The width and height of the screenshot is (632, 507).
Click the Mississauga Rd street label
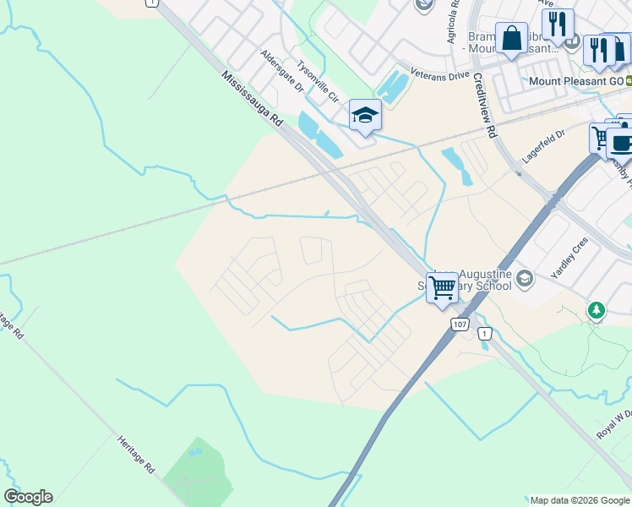tap(253, 101)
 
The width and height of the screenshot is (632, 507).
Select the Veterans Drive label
tap(439, 75)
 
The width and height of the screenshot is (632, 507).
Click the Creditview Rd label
tap(483, 105)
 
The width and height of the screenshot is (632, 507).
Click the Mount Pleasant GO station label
tap(575, 81)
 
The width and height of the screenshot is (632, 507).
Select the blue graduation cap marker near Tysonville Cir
tap(365, 115)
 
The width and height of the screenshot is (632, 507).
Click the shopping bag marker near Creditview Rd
tap(511, 38)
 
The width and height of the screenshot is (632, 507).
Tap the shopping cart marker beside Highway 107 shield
tap(442, 287)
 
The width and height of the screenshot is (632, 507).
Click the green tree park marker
tap(597, 311)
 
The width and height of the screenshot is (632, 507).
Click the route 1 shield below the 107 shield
tap(483, 335)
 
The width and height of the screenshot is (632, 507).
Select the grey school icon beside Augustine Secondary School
tap(524, 277)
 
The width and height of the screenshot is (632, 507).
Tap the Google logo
tap(28, 496)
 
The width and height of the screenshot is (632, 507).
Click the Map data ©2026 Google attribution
tap(580, 500)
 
